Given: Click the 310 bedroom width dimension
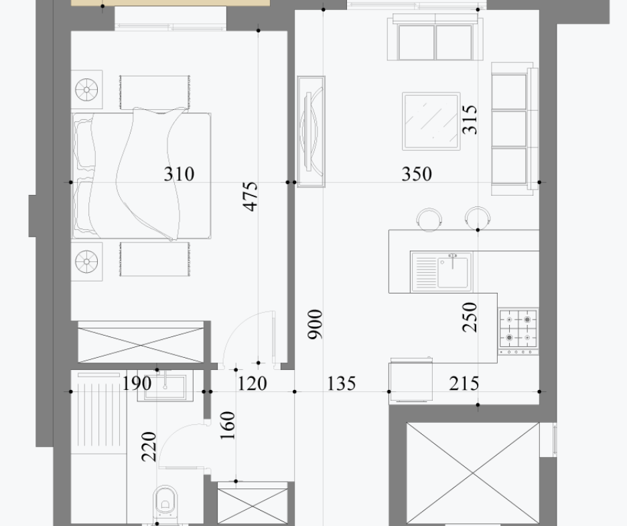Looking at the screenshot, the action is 179,174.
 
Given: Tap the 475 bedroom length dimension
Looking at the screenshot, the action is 251,196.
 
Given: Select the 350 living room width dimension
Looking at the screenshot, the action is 417,174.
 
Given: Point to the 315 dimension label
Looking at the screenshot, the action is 470,119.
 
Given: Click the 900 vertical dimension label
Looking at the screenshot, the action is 315,324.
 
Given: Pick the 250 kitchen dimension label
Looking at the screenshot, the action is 470,317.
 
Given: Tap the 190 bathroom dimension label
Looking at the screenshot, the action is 137,383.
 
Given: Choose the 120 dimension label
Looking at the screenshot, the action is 253,383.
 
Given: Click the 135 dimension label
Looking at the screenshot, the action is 342,383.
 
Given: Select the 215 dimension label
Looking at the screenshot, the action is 464,383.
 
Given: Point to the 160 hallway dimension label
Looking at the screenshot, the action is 228,425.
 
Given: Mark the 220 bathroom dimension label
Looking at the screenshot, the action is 149,446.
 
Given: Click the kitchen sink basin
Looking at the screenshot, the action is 452,272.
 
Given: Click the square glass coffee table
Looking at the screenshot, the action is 431,121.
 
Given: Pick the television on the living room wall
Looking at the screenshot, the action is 311,131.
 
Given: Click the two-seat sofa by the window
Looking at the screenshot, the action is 435,38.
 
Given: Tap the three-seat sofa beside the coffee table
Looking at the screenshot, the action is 514,129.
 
